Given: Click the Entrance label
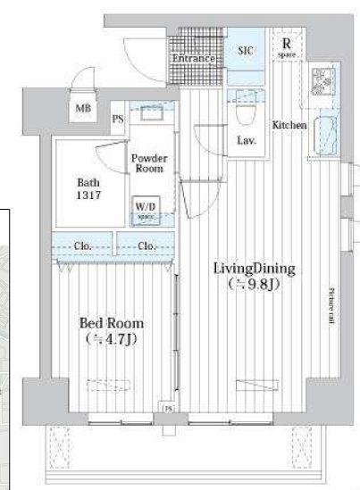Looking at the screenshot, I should (194, 59).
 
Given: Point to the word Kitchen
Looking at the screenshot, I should (290, 125).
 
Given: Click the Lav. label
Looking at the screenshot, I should (247, 140).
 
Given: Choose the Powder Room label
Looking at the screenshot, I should (149, 163).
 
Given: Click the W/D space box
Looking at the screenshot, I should (145, 209).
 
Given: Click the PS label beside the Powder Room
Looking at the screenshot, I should (118, 117).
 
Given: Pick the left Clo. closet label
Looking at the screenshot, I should (86, 245).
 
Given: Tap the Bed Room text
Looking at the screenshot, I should (113, 323).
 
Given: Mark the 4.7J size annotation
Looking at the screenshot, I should (113, 339).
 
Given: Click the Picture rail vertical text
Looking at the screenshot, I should (331, 303).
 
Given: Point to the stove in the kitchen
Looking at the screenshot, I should (319, 81).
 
